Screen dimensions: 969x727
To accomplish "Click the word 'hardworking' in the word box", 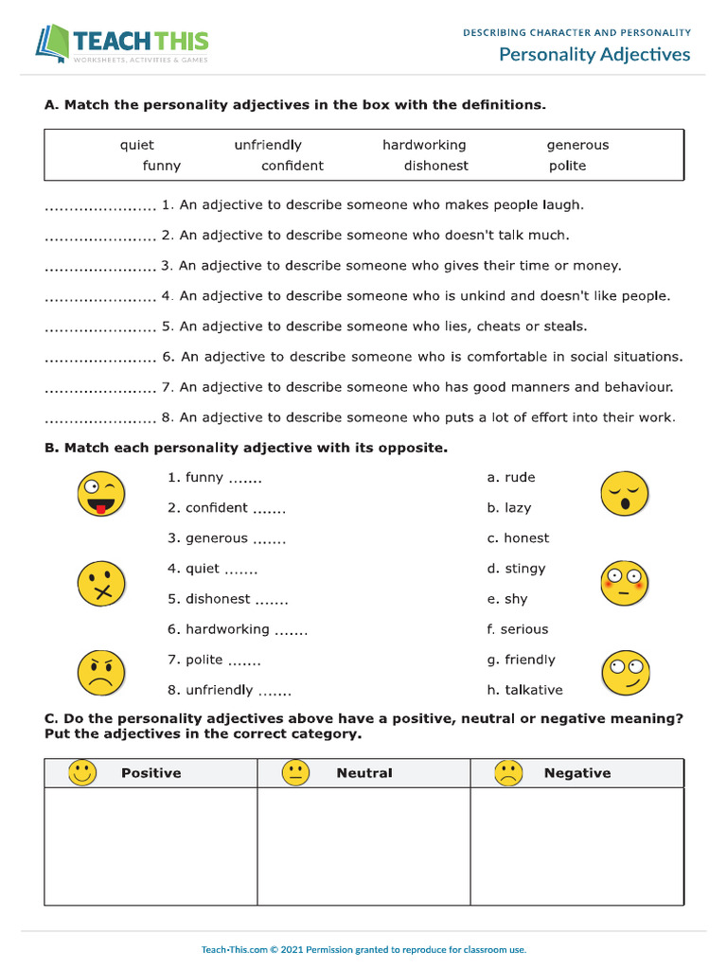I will [424, 145].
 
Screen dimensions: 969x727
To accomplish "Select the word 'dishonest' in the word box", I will [435, 166].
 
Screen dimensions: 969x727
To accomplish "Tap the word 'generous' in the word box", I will [577, 145].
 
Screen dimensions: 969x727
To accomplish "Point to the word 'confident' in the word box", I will [293, 166].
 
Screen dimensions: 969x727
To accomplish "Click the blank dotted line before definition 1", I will [99, 205].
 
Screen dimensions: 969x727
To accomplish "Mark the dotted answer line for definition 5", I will [99, 326].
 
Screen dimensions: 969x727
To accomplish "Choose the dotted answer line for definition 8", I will [99, 417].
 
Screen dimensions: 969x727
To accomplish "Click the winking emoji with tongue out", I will [101, 493].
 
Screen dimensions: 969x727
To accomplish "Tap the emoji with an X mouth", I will [101, 583].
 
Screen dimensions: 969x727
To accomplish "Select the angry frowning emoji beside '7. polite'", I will [101, 672].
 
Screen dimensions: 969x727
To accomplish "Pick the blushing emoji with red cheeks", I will [624, 583].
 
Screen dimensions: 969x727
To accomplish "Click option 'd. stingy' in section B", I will [516, 569].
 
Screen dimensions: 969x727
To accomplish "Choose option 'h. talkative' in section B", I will [524, 690].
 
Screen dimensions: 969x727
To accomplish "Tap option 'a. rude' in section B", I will [511, 478].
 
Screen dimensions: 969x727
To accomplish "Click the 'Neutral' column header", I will [363, 773].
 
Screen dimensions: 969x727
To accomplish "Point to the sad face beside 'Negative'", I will [508, 773].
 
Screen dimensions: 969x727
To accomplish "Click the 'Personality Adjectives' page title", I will [594, 54].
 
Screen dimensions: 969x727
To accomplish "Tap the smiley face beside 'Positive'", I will [82, 773].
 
